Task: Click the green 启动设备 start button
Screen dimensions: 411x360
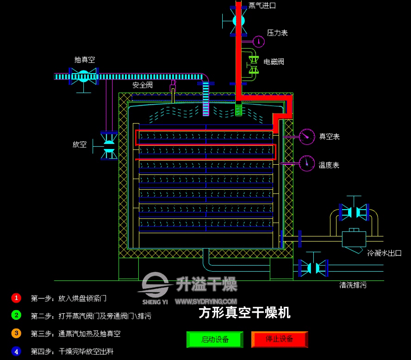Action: pos(215,339)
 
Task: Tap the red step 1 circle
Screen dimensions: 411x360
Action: pos(16,298)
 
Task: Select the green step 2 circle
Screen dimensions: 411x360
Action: pos(16,315)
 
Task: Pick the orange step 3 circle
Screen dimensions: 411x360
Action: pos(16,333)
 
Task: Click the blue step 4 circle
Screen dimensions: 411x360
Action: pos(16,351)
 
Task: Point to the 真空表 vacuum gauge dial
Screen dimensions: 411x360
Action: pos(307,137)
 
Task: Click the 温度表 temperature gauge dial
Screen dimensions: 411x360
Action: pos(307,163)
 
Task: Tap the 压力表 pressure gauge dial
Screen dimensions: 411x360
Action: pos(258,41)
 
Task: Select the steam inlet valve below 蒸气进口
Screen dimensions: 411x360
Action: pos(238,21)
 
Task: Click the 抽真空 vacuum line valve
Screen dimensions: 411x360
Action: pos(84,76)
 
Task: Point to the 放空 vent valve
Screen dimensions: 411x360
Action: pos(108,146)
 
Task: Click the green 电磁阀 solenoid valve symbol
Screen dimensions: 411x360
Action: pos(253,65)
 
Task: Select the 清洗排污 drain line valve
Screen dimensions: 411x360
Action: pos(313,267)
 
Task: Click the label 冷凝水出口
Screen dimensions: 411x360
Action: pos(384,253)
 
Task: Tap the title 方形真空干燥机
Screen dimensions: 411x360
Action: pos(244,313)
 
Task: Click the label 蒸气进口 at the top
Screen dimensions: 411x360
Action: pos(262,6)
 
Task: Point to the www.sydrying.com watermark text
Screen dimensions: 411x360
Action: pos(206,302)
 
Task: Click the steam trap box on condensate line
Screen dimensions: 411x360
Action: pos(354,239)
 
